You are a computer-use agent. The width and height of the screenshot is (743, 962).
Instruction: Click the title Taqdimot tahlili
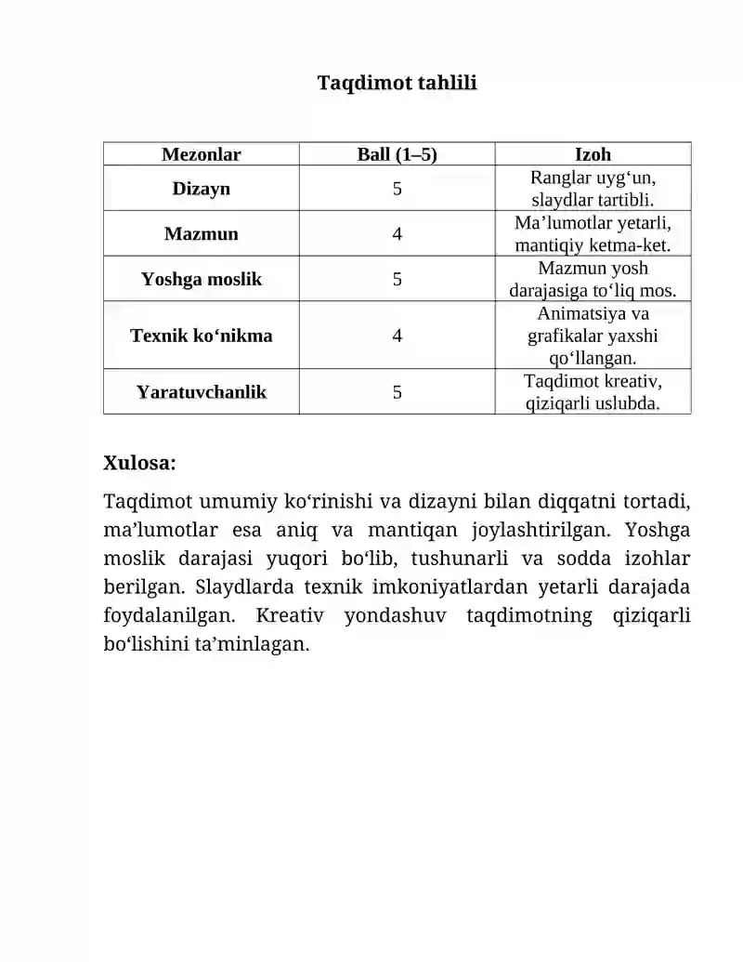coord(397,84)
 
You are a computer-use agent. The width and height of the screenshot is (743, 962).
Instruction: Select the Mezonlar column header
coord(202,154)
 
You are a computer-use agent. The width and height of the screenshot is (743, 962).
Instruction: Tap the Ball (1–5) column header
coord(397,154)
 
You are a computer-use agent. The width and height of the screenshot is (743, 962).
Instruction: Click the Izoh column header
coord(593,154)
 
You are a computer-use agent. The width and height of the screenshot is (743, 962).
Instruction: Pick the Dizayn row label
coord(202,189)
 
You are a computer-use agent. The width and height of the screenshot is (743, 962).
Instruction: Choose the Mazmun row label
coord(202,233)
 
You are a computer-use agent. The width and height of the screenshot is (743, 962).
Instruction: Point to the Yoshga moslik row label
coord(202,279)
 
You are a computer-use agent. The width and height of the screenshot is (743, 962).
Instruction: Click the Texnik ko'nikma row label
coord(202,336)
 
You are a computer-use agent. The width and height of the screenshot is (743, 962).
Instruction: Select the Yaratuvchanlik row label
coord(202,392)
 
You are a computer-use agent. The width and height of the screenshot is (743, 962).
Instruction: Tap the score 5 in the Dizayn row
coord(397,189)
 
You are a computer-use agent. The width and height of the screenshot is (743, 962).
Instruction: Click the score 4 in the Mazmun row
coord(397,234)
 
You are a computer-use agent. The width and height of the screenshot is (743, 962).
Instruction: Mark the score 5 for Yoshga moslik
coord(397,279)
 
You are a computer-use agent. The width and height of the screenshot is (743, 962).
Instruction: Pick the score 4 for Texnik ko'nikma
coord(397,336)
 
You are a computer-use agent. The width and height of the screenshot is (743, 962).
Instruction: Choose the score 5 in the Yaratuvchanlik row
coord(397,392)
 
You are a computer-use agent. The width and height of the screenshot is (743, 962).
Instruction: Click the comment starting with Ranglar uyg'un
coord(593,189)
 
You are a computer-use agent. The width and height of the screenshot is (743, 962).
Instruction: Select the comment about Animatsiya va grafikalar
coord(593,336)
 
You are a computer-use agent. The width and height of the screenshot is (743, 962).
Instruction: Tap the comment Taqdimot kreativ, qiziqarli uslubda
coord(593,392)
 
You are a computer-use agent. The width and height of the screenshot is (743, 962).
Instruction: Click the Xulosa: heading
coord(140,463)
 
